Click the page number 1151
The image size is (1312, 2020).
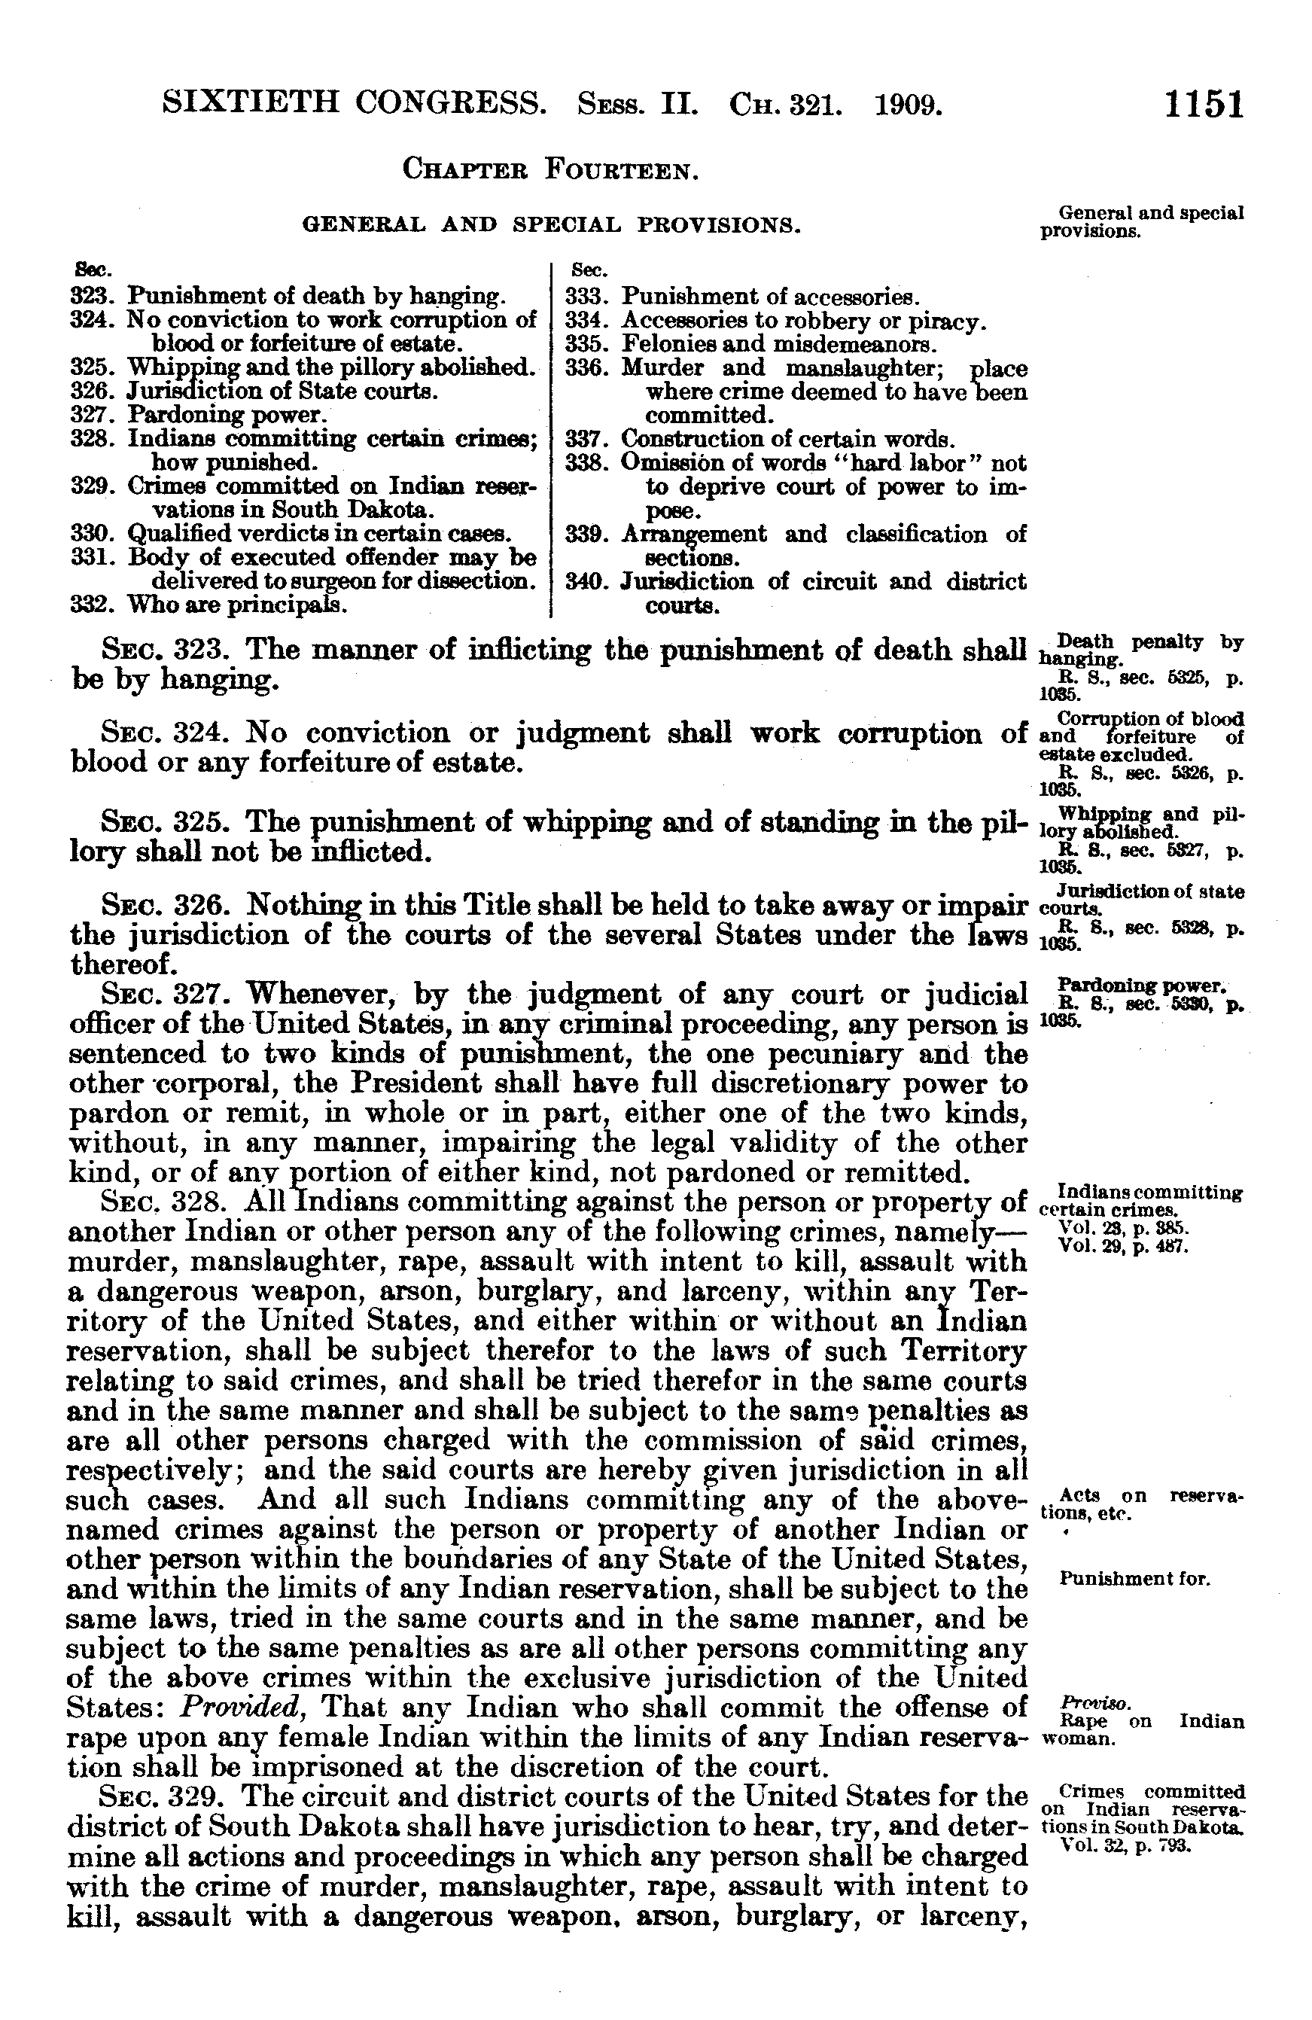pyautogui.click(x=1204, y=105)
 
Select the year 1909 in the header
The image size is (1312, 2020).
pyautogui.click(x=907, y=105)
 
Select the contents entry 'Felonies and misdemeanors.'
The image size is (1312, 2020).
pyautogui.click(x=778, y=345)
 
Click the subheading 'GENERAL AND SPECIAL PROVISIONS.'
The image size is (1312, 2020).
pyautogui.click(x=552, y=226)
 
